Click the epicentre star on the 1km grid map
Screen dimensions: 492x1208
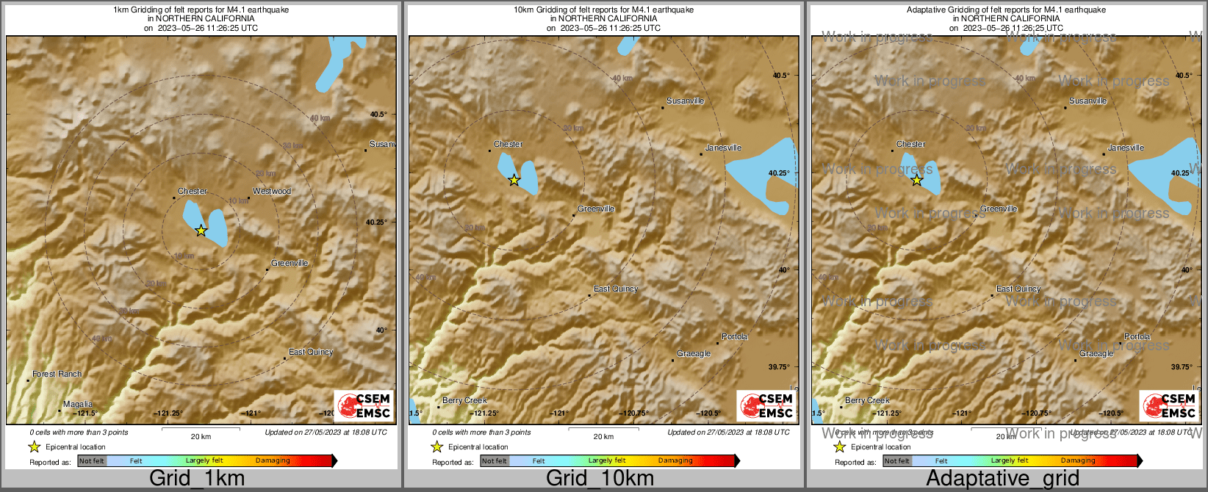tap(201, 231)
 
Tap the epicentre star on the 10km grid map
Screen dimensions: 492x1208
tap(514, 180)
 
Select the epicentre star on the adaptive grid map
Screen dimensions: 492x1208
tap(917, 180)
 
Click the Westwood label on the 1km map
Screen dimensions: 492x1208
tap(272, 192)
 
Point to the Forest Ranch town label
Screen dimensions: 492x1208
tap(57, 375)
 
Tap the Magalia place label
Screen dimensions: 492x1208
tap(78, 405)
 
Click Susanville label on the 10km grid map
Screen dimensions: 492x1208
tap(685, 101)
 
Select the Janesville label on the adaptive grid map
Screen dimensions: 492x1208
tap(1126, 148)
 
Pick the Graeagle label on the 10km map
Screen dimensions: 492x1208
tap(694, 354)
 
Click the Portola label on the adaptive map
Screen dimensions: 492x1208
tap(1137, 337)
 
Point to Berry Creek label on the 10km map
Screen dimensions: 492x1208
tap(464, 401)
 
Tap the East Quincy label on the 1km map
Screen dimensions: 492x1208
tap(311, 352)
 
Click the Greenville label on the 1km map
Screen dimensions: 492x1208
tap(290, 264)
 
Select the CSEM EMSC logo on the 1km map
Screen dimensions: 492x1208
tap(363, 405)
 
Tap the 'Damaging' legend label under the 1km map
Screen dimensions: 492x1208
tap(273, 461)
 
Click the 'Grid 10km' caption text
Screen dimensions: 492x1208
tap(600, 479)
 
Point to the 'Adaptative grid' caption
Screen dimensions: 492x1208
tap(1002, 479)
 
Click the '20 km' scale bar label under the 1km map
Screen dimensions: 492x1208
tap(201, 437)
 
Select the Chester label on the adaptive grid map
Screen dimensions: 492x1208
tap(910, 145)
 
